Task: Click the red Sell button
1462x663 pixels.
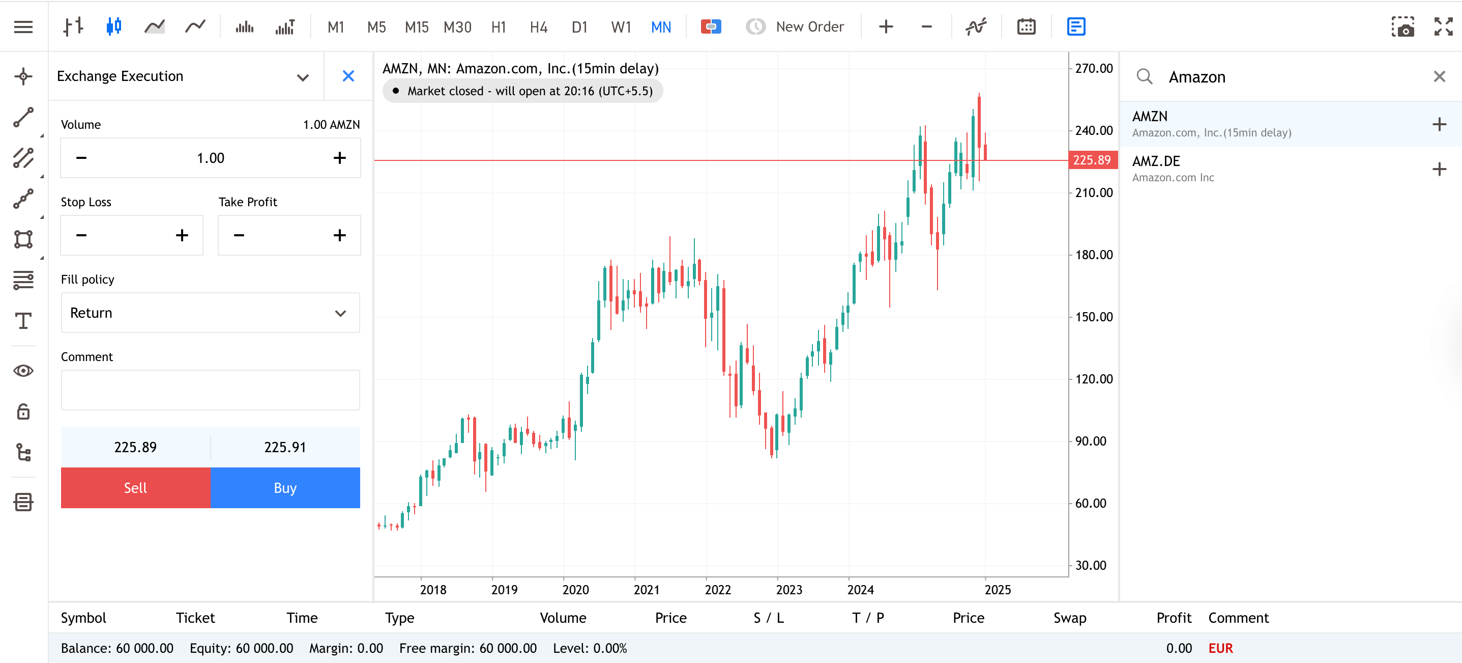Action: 135,487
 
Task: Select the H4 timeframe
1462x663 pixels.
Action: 538,26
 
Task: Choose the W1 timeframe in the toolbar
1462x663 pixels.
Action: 620,26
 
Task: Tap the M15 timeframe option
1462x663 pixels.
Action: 416,26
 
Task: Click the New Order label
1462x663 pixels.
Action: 809,26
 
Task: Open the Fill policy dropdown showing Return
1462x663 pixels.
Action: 210,313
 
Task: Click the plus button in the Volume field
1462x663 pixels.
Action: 339,158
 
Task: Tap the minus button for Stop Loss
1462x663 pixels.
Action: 81,235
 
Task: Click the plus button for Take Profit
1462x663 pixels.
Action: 339,235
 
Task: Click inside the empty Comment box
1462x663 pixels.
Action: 210,390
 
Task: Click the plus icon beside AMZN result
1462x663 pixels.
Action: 1439,124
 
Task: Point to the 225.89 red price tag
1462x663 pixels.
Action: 1092,160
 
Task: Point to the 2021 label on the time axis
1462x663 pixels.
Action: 647,590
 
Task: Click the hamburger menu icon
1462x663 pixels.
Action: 23,26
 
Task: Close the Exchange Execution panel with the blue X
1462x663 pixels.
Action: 348,76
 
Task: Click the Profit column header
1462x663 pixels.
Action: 1173,618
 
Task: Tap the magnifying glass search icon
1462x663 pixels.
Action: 1144,77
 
